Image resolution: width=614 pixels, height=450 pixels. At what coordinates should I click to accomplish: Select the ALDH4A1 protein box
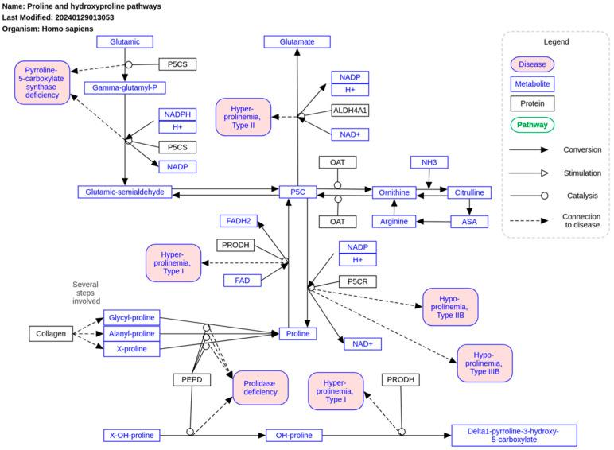pos(350,110)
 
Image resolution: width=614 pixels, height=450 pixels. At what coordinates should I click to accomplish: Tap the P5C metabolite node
pos(298,192)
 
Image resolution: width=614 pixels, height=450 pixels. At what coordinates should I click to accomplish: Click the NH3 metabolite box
pos(429,162)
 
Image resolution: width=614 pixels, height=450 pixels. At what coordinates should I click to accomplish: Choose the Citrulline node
pos(469,192)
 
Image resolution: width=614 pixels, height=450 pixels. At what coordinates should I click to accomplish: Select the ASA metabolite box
pos(469,221)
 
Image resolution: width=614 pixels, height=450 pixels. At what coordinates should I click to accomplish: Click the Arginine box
pos(394,221)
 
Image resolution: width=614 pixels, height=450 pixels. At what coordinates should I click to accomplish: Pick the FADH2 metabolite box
pos(238,220)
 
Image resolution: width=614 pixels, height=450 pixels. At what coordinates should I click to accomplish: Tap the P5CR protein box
pos(357,281)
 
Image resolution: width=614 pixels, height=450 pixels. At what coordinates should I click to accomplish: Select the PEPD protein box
pos(191,380)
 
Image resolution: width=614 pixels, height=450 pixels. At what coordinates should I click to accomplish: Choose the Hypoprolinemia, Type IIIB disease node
pos(484,363)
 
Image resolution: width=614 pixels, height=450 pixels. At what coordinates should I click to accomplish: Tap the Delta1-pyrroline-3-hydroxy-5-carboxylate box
pos(514,435)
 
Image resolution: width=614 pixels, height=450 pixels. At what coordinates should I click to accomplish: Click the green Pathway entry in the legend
pos(532,124)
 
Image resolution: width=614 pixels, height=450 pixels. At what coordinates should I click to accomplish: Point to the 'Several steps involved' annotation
pos(86,293)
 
